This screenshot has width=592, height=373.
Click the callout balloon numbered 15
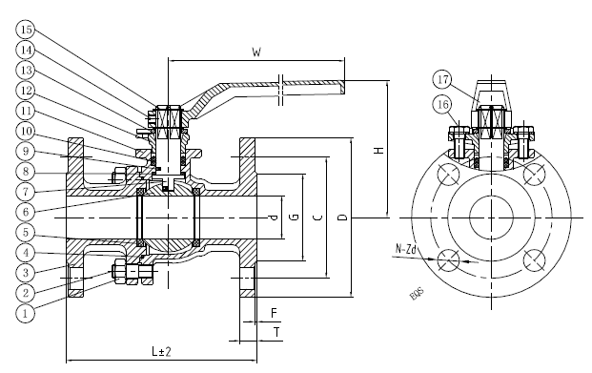point(26,30)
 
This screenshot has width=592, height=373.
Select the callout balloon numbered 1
point(26,313)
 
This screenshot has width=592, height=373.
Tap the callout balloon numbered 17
point(443,80)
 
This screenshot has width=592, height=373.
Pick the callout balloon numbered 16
point(443,104)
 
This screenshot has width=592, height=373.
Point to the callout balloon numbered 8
point(26,172)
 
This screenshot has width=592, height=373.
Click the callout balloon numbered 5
point(26,232)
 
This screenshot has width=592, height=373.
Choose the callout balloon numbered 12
point(26,91)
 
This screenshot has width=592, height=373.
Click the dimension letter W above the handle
point(256,52)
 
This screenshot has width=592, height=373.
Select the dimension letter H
point(378,150)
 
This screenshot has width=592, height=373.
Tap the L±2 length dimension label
point(162,351)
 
